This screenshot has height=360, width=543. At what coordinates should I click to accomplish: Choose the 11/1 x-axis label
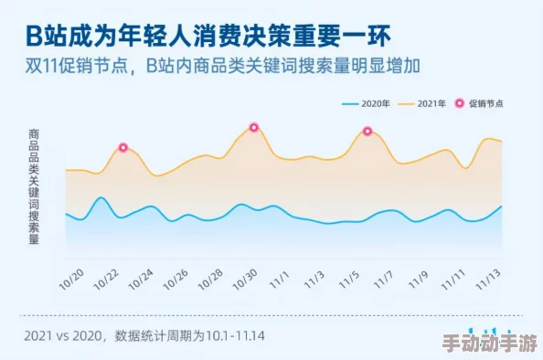click(280, 277)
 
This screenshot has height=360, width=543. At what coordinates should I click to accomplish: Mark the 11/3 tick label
click(314, 277)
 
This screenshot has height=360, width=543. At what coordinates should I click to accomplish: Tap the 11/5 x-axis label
click(348, 277)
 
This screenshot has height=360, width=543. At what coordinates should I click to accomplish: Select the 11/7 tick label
click(383, 277)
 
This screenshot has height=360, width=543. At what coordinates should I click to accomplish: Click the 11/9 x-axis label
click(418, 277)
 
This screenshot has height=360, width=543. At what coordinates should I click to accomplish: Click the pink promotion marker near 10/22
click(122, 147)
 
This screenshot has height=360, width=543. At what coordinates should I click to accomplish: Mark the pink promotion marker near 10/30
click(254, 127)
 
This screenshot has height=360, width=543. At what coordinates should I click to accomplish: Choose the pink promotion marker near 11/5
click(367, 131)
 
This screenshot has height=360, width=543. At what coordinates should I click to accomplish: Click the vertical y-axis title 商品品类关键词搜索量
click(34, 187)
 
